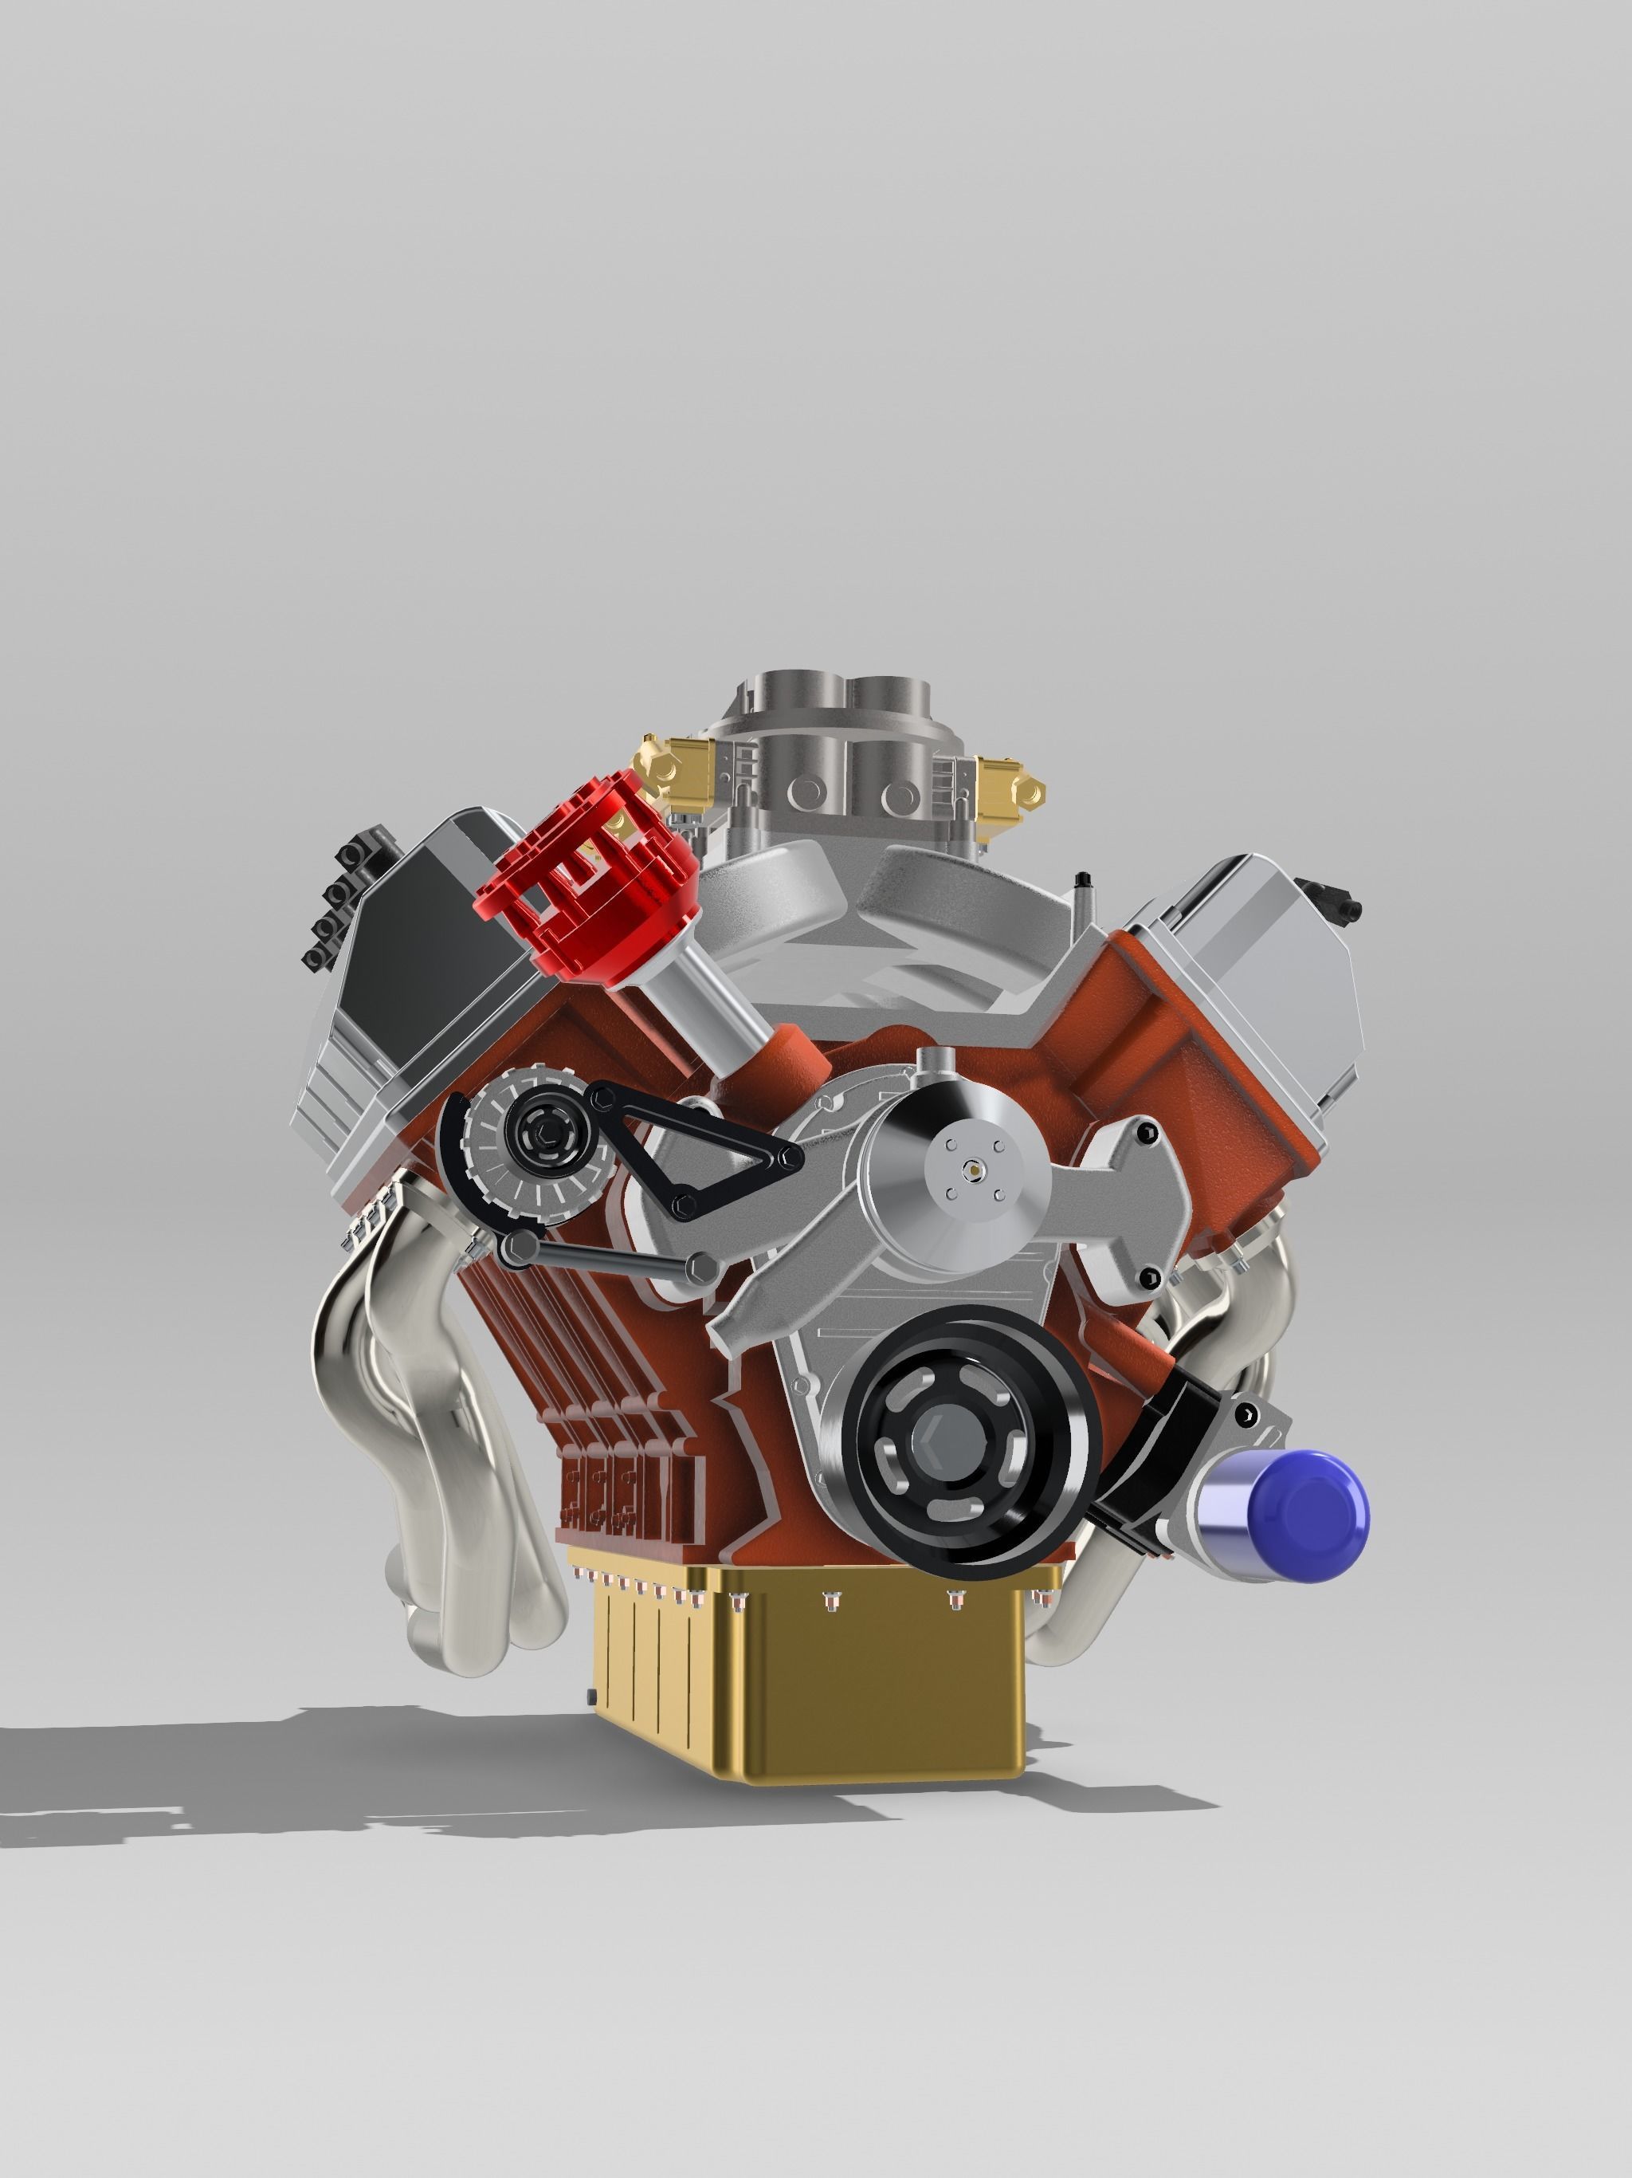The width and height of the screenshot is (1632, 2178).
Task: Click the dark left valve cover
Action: (433, 946)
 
